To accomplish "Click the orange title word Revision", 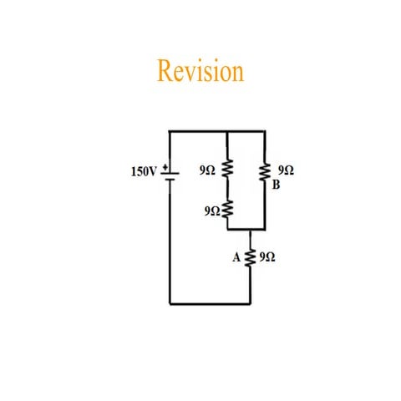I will (200, 71).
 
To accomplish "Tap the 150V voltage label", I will (144, 171).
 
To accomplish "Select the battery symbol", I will (169, 175).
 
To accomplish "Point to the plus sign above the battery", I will (163, 165).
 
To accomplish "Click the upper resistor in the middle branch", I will (229, 171).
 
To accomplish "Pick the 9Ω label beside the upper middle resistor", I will (208, 170).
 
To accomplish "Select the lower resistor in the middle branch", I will (229, 211).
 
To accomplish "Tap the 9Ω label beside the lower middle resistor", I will (211, 211).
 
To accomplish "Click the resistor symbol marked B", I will (265, 172).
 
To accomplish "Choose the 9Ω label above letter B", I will (286, 170).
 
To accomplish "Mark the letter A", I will (236, 258).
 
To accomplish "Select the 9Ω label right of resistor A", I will (267, 258).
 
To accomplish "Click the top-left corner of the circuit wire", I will (170, 131).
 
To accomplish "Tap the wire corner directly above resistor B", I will (265, 131).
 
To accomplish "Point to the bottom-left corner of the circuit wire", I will (170, 302).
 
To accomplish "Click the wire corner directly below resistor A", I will (250, 302).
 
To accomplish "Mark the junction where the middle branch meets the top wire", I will (229, 131).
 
